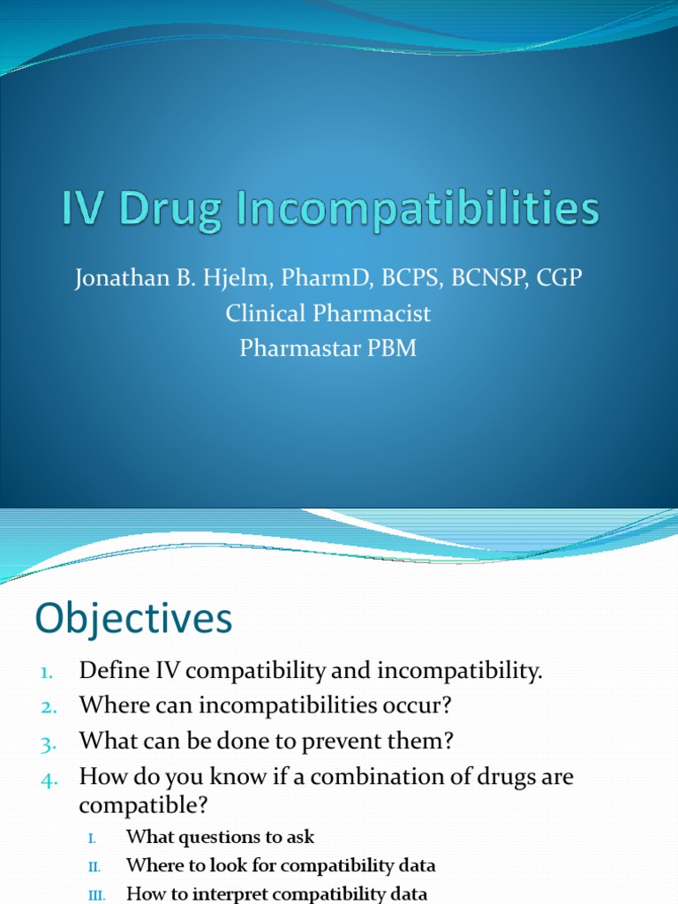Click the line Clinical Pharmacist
328,313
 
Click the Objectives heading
133,619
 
